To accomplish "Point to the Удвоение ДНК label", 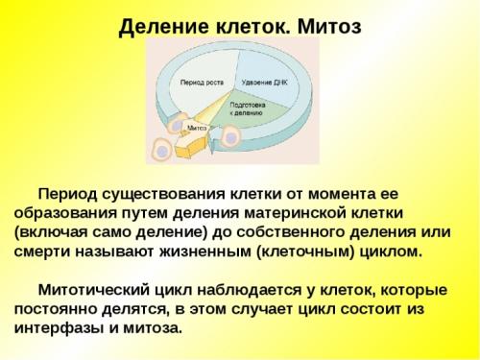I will coord(264,84).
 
